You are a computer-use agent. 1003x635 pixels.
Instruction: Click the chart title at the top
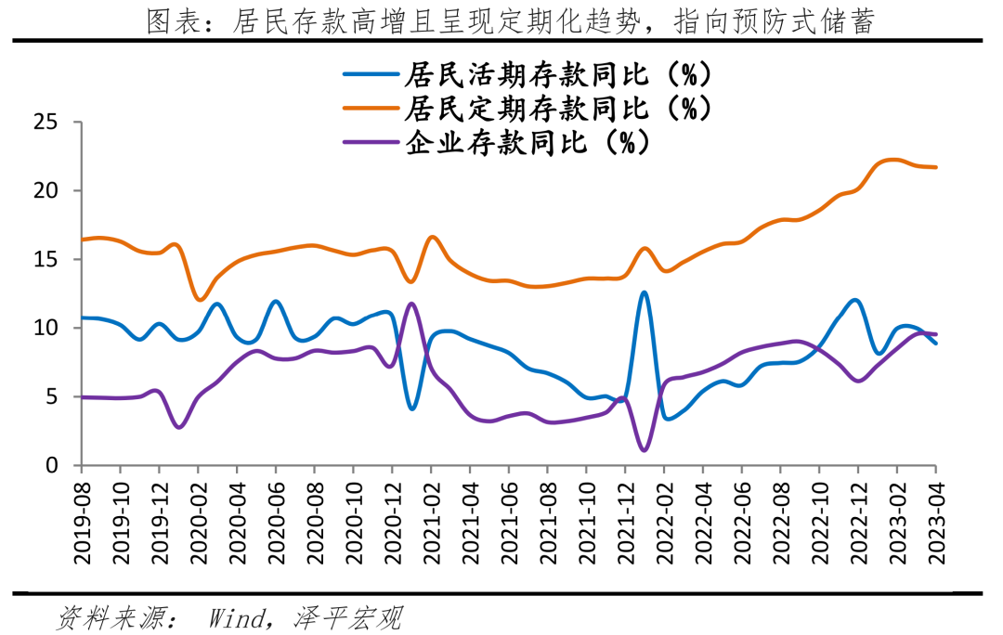511,20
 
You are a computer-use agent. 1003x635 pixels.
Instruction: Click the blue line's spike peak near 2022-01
644,292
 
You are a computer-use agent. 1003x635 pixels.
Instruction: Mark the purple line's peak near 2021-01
411,304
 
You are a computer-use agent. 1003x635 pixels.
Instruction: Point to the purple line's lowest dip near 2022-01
644,450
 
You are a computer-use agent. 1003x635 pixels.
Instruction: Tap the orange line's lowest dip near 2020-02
199,300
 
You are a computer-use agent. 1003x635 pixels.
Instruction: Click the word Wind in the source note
237,618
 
